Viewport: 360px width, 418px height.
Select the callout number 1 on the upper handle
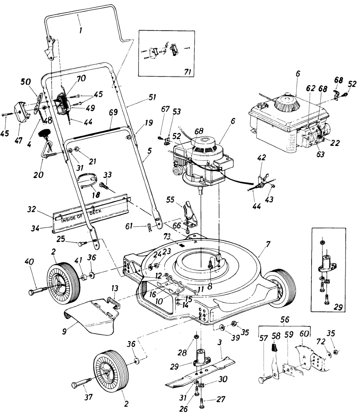[x=81, y=30]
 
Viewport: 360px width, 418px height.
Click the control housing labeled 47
[x=22, y=111]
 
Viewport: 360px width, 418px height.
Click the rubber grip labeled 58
[x=275, y=347]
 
